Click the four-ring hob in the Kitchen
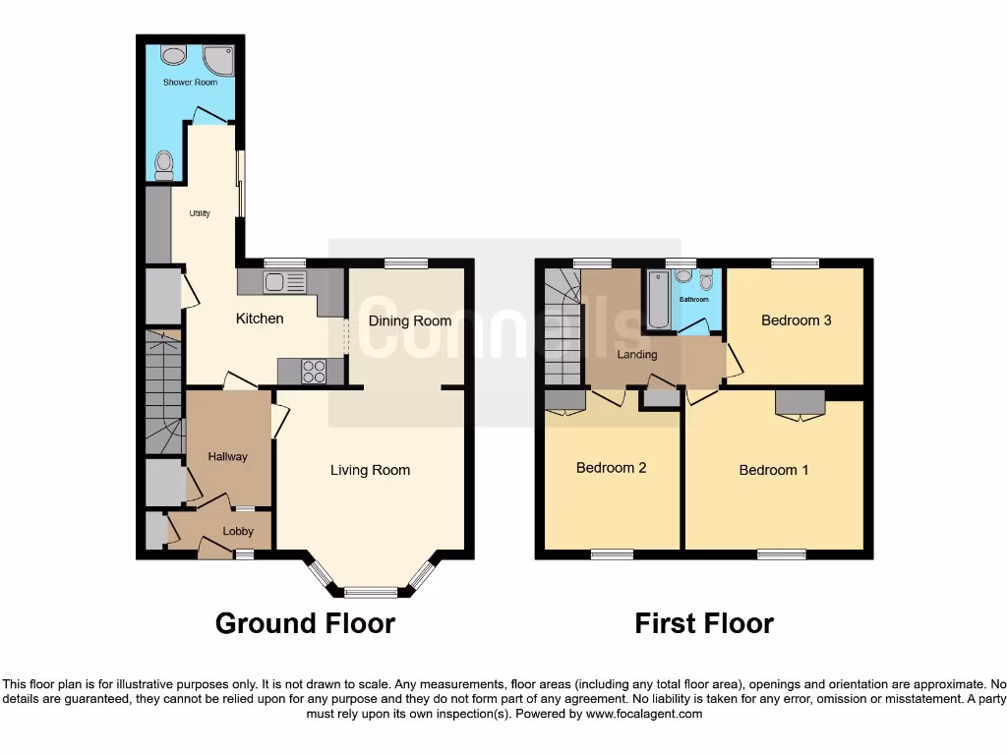point(314,371)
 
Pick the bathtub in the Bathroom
point(658,300)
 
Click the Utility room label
point(199,213)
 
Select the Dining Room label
point(409,320)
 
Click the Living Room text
point(370,470)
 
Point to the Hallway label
point(227,456)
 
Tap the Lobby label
point(238,531)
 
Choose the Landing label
point(636,354)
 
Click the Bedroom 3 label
point(797,320)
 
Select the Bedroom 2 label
point(611,468)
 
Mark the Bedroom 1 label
point(774,470)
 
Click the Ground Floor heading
point(305,623)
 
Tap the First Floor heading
point(704,623)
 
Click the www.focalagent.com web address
point(643,714)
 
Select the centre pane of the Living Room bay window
point(371,592)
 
